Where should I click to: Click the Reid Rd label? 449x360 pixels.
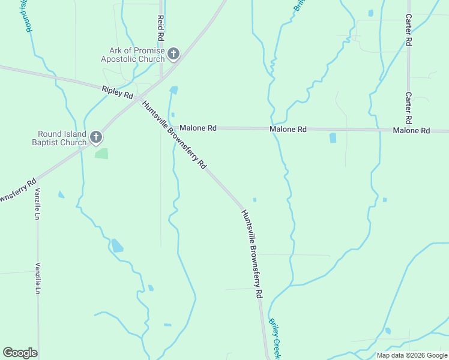pos(160,28)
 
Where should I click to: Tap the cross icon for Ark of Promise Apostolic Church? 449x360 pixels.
pos(173,55)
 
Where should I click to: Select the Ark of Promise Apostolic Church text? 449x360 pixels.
pos(133,55)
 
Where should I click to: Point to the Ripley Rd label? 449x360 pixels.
pos(118,92)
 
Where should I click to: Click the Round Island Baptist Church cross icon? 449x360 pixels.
pos(95,139)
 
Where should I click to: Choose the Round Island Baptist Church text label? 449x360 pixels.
pos(62,139)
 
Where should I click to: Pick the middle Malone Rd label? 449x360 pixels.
pos(288,129)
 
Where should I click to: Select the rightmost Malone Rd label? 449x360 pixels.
pos(411,130)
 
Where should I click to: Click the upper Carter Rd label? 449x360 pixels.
pos(408,30)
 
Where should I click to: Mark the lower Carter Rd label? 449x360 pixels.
pos(408,104)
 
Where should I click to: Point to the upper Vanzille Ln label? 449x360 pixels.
pos(37,203)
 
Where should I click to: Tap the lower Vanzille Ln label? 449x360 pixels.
pos(37,279)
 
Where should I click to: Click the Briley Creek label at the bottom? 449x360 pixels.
pos(274,338)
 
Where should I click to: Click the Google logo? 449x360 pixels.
pos(20,353)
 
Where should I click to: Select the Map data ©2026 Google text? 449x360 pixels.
pos(411,355)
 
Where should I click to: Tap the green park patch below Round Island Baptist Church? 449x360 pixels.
pos(101,154)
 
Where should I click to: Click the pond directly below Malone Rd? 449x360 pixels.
pos(333,138)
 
